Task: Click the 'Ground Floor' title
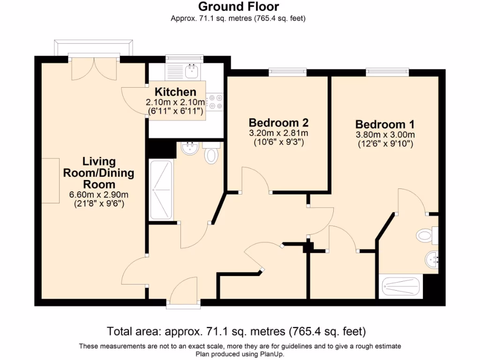tap(239, 7)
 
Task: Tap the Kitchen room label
tap(175, 92)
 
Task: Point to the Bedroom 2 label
tap(278, 123)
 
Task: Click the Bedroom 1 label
tap(385, 125)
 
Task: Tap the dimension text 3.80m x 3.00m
tap(385, 135)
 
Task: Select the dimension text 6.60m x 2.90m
tap(99, 195)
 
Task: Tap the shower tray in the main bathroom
tap(160, 190)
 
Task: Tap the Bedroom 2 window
tap(287, 72)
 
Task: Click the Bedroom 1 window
tap(387, 72)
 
